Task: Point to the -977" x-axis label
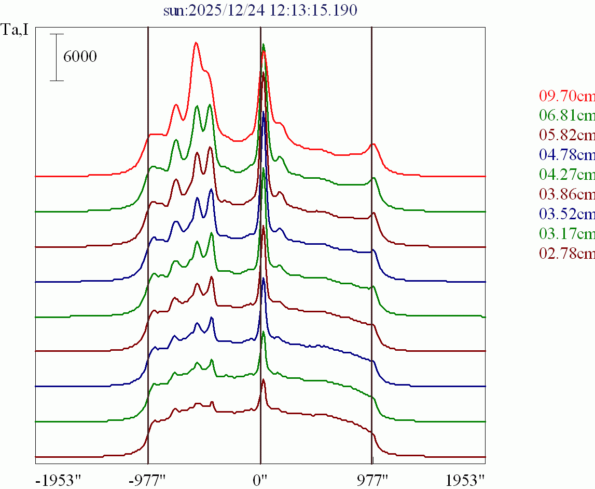point(148,479)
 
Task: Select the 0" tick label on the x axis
point(260,479)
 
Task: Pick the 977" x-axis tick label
point(372,479)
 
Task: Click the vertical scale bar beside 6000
point(57,57)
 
